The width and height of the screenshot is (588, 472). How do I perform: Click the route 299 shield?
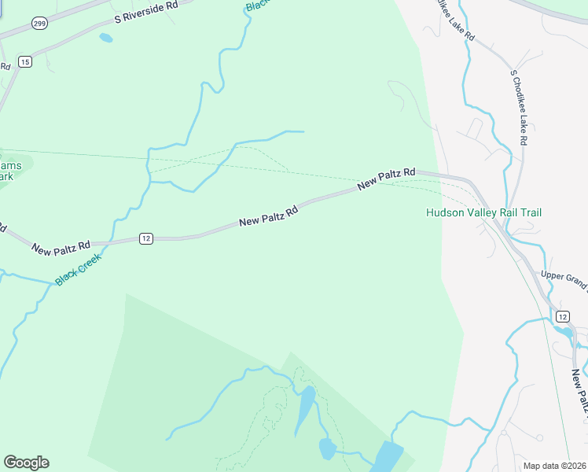(x=39, y=24)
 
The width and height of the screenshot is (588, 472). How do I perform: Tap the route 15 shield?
(x=25, y=61)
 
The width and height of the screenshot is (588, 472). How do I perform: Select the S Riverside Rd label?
(x=146, y=12)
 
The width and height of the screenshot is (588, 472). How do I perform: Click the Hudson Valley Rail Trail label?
(x=483, y=212)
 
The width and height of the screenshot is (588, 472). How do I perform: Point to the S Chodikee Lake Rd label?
(x=518, y=107)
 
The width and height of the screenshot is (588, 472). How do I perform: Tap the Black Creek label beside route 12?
(x=79, y=268)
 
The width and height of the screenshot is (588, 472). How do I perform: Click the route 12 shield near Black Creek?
(x=145, y=238)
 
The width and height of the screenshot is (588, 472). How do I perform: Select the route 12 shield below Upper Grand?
(x=562, y=315)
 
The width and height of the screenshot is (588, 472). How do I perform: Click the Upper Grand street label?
(x=564, y=280)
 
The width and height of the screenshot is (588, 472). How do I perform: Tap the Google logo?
(x=26, y=463)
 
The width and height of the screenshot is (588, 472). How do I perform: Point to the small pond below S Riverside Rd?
(x=106, y=37)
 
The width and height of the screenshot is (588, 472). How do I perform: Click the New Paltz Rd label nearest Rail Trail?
(x=386, y=179)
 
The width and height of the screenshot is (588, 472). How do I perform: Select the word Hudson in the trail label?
(x=443, y=212)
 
